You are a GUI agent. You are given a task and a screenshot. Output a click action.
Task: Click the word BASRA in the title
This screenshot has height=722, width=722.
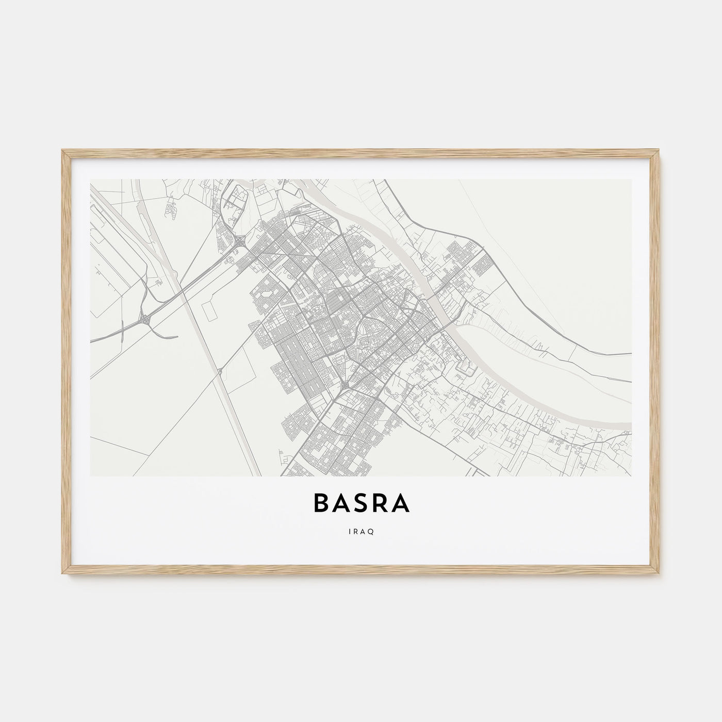(361, 504)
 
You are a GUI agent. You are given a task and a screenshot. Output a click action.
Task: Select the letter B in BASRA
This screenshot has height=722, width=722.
(321, 504)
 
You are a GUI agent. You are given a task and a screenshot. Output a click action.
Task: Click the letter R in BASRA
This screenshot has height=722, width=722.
(381, 504)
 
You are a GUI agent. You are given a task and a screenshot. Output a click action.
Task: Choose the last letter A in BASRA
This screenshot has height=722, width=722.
(401, 504)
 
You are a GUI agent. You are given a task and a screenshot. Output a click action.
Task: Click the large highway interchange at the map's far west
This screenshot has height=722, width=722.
(146, 320)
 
